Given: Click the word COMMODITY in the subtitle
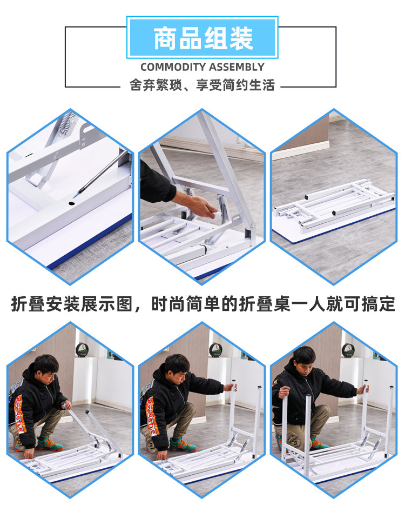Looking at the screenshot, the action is [173, 67].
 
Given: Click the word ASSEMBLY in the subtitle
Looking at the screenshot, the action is [237, 67].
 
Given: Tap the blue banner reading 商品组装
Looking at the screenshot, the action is [202, 37].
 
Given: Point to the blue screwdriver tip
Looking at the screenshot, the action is [76, 196].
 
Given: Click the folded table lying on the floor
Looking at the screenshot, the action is [334, 208].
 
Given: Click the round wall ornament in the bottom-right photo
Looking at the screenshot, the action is [348, 350].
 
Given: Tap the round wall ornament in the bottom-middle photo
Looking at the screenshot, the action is [215, 350].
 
